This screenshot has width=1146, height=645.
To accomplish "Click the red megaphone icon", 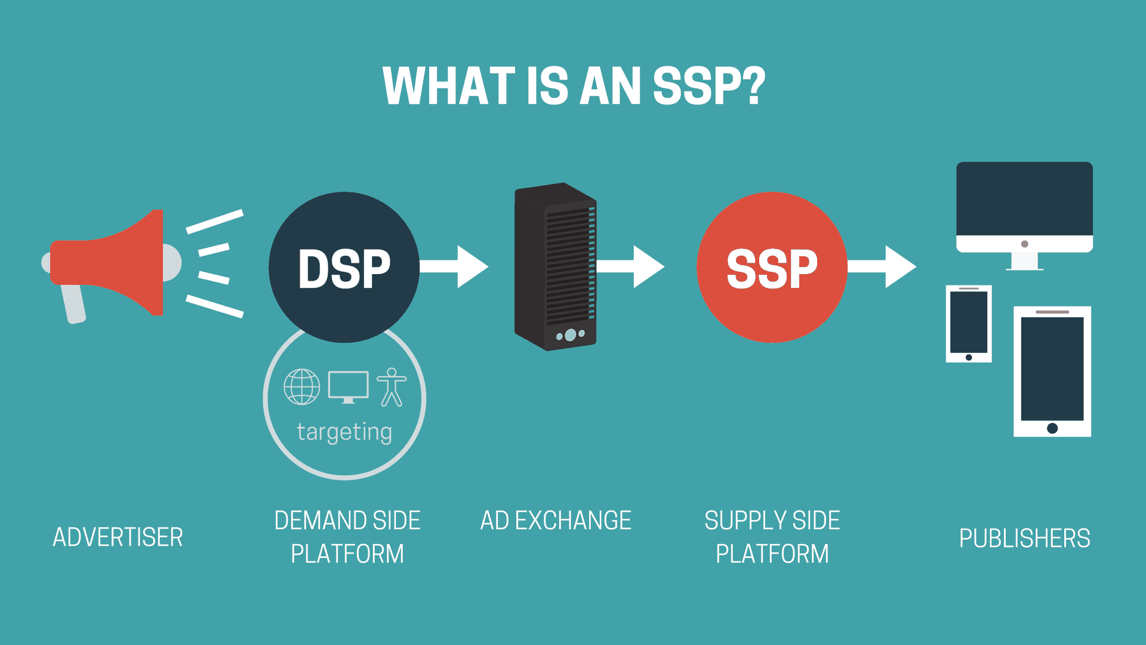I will point(113,263).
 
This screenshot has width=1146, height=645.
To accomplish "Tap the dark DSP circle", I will point(344,267).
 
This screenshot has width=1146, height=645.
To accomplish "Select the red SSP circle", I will point(772,267).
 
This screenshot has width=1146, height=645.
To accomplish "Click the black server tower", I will point(555,266).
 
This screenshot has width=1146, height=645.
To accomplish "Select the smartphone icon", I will point(968,323).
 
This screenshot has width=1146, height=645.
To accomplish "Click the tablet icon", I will point(1052,370).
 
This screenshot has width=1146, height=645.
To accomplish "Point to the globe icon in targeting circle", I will point(301,387).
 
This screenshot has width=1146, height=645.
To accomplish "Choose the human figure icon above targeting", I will point(392,387).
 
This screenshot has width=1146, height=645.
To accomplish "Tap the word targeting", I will point(344,432).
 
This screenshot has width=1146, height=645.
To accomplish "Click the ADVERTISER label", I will point(118,537).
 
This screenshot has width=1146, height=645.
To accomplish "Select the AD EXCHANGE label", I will point(556,521).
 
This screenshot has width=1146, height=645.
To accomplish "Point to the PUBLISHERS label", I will point(1024,539).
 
